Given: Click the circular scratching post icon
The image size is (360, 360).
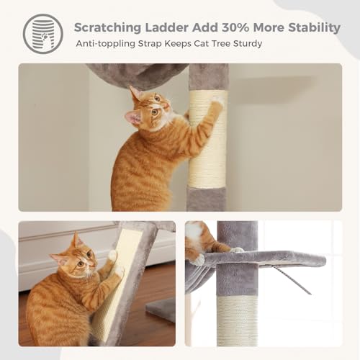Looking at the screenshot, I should coord(42,33).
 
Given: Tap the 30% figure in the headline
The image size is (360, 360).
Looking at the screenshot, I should coord(249,27).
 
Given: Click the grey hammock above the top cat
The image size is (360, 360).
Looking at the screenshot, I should coord(137,74).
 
